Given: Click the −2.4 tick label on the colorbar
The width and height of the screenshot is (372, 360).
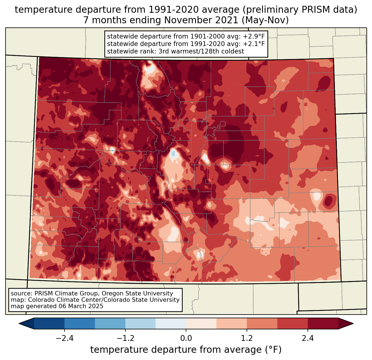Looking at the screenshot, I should [x=64, y=338].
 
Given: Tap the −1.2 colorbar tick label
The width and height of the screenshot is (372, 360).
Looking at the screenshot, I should [x=125, y=338].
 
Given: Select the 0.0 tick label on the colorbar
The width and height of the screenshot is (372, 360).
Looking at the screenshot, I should [x=186, y=338].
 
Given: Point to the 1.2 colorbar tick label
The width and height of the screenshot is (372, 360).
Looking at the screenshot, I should [x=247, y=338].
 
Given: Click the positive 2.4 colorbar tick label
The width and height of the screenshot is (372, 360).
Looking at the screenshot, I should [x=308, y=338].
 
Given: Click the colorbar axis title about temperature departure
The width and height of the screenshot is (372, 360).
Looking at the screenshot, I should [x=186, y=350].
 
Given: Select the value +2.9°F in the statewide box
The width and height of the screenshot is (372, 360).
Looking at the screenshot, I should [x=254, y=37].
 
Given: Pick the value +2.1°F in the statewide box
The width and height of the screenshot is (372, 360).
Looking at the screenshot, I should [x=254, y=44].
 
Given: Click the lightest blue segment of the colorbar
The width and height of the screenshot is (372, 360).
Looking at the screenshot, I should [x=171, y=323].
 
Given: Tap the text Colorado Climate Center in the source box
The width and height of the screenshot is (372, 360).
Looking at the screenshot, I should [x=59, y=300].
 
